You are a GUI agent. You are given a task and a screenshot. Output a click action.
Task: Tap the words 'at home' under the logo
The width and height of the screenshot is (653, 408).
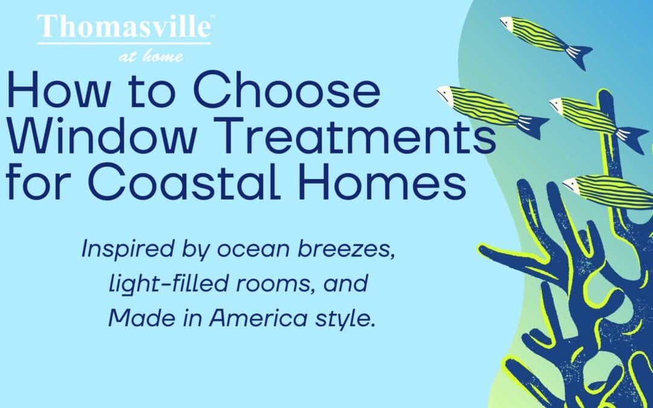click(151, 56)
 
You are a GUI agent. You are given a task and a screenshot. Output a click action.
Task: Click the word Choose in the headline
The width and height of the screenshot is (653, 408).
click(287, 90)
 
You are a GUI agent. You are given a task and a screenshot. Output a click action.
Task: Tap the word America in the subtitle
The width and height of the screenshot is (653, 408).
click(258, 319)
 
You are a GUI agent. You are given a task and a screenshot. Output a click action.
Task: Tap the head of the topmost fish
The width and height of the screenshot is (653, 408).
click(507, 24)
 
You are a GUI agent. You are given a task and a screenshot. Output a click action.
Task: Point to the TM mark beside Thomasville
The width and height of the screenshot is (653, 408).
click(212, 17)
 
